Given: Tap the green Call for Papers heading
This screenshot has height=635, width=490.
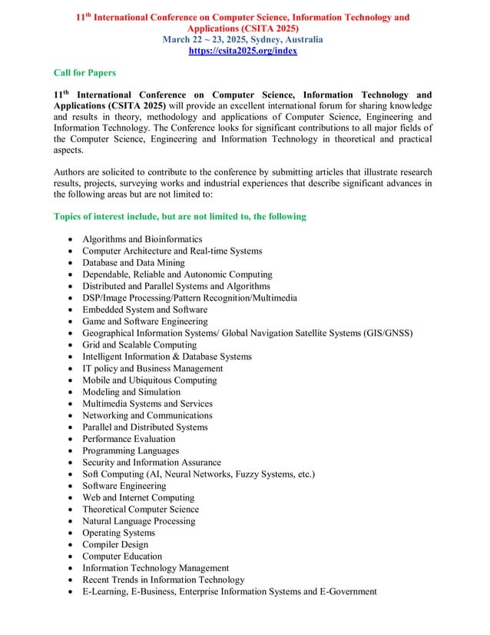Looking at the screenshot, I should click(x=84, y=73).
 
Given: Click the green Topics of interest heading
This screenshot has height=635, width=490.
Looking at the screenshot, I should click(x=180, y=217).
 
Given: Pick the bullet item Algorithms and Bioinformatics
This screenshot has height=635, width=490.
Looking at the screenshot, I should click(x=142, y=240).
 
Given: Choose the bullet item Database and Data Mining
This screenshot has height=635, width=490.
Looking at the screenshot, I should click(x=133, y=263).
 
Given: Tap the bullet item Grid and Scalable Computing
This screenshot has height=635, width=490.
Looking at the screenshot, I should click(x=139, y=345).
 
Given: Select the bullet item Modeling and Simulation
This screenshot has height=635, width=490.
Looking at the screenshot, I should click(x=131, y=392).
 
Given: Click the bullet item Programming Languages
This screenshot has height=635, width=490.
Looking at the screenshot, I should click(x=131, y=450).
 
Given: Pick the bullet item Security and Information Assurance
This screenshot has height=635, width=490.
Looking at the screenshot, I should click(x=151, y=463).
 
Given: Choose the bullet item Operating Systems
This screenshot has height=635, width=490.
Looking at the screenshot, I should click(x=118, y=533).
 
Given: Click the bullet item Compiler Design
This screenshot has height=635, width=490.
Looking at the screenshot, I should click(x=115, y=544).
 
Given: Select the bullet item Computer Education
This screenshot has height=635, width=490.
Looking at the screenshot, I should click(x=122, y=557).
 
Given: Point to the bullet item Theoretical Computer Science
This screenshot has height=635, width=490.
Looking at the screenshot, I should click(x=141, y=509).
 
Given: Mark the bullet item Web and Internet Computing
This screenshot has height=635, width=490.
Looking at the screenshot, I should click(x=138, y=497).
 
